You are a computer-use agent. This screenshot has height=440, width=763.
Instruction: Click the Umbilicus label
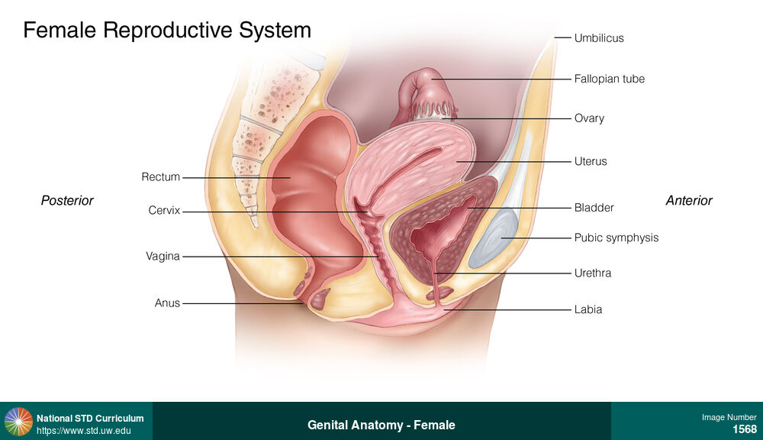click(599, 38)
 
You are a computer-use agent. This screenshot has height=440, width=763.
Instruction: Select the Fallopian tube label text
click(609, 79)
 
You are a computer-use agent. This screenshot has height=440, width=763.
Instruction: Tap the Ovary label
click(589, 118)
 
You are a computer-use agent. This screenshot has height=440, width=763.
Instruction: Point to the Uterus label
click(591, 162)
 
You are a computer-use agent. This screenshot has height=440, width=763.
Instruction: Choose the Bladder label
click(594, 207)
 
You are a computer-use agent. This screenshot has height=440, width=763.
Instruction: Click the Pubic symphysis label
click(616, 238)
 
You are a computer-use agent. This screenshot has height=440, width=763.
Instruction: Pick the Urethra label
click(593, 273)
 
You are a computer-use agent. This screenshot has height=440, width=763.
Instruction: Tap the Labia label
click(588, 309)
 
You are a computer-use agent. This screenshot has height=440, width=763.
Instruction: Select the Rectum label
click(160, 177)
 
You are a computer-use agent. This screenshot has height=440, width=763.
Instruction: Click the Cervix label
click(164, 210)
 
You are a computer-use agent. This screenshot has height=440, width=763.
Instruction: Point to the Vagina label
click(163, 257)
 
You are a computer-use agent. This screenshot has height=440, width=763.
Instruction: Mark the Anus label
click(167, 303)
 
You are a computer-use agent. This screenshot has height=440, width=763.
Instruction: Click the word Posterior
click(67, 201)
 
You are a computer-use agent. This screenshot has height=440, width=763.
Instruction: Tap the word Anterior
click(689, 201)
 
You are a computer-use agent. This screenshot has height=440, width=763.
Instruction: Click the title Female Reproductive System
click(167, 31)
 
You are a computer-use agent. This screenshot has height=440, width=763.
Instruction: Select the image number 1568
click(744, 429)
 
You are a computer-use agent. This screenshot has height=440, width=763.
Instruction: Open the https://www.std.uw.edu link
click(83, 431)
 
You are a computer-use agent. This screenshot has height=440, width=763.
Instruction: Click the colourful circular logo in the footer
click(18, 422)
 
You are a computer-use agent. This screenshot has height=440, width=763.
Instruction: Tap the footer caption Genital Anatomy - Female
click(381, 425)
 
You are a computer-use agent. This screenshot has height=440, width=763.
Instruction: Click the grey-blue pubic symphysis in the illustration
click(494, 238)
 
